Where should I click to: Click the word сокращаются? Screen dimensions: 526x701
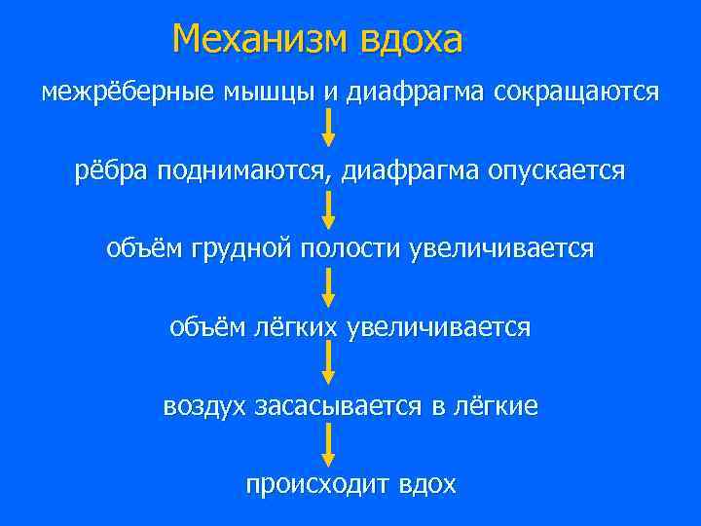[x=576, y=93]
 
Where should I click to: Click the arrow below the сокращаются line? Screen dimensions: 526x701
[x=329, y=129]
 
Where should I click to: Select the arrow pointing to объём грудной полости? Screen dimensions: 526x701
[x=329, y=208]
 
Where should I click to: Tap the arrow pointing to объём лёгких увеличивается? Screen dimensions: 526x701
[x=329, y=286]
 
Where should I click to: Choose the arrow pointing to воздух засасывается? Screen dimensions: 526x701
[x=329, y=364]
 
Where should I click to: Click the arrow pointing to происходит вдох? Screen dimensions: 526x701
[x=329, y=443]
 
